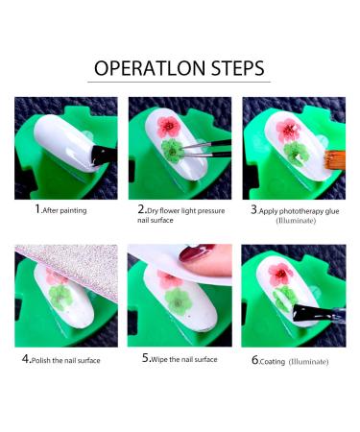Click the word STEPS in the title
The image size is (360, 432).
[x=238, y=68]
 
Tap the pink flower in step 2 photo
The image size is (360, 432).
[x=169, y=127]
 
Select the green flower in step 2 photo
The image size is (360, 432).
[x=172, y=150]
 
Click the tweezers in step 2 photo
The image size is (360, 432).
[x=204, y=149]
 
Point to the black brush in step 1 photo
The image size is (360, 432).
[x=103, y=156]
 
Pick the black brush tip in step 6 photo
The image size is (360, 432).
[x=306, y=313]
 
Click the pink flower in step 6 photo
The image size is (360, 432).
[x=280, y=275]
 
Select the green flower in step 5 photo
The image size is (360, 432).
[x=178, y=301]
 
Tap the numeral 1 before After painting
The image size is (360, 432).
[x=37, y=209]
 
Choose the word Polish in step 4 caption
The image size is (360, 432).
[x=41, y=360]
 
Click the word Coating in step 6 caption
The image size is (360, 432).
[x=273, y=362]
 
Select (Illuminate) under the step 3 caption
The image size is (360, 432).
[x=296, y=221]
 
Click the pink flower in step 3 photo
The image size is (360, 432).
[x=288, y=131]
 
